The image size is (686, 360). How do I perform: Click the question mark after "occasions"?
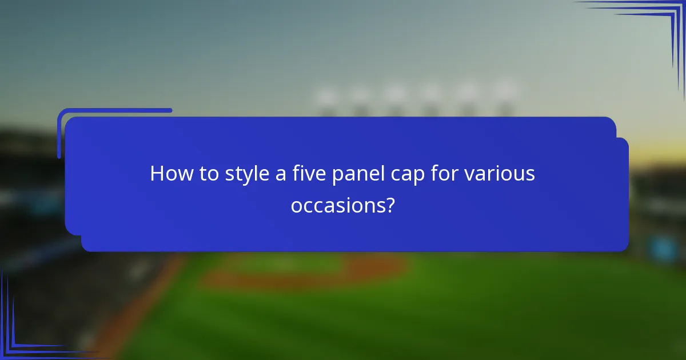point(390,205)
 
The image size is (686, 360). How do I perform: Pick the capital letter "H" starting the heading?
point(157,174)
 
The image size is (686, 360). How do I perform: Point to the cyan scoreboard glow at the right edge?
point(663,249)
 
